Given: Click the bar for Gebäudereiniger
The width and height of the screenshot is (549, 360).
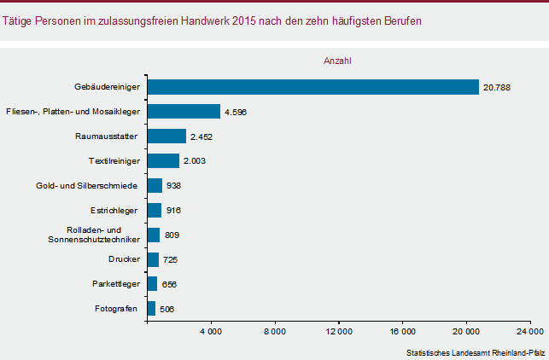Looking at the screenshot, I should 313,87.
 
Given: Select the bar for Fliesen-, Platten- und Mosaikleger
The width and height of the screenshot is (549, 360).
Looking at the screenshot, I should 184,112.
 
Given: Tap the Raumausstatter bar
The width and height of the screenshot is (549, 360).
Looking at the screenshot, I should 166,136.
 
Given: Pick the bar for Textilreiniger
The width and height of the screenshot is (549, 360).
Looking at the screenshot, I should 163,160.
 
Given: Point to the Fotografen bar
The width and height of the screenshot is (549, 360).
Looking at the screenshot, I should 151,308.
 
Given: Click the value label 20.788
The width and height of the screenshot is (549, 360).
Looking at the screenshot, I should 496,87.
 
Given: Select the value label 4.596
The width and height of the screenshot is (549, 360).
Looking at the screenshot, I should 235,112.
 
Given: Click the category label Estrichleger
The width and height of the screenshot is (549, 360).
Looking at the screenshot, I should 114,210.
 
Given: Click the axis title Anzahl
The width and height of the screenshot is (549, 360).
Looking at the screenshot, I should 338,61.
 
